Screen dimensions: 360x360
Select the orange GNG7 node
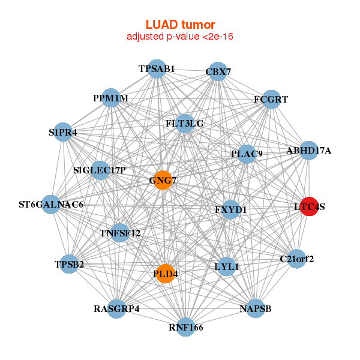pos(163,179)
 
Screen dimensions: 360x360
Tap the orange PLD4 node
pos(166,274)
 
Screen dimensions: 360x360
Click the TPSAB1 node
pos(157,69)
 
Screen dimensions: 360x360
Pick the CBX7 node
pos(218,72)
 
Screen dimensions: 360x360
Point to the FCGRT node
pos(271,99)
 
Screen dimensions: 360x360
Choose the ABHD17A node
pos(308,151)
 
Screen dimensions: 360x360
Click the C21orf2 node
pos(296,259)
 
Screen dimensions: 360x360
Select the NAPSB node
pos(256,308)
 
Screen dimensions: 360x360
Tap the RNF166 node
pos(186,327)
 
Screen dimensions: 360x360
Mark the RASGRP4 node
pos(116,309)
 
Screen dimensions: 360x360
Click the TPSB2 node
pos(70,264)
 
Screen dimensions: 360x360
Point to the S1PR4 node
pos(63,131)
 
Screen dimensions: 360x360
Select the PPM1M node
pos(110,98)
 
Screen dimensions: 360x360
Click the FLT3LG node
pos(185,124)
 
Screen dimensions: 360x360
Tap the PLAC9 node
pos(247,154)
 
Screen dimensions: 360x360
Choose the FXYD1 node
pos(231,209)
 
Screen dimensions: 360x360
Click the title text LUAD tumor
pos(180,25)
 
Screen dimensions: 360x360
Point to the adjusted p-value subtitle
pos(180,37)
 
